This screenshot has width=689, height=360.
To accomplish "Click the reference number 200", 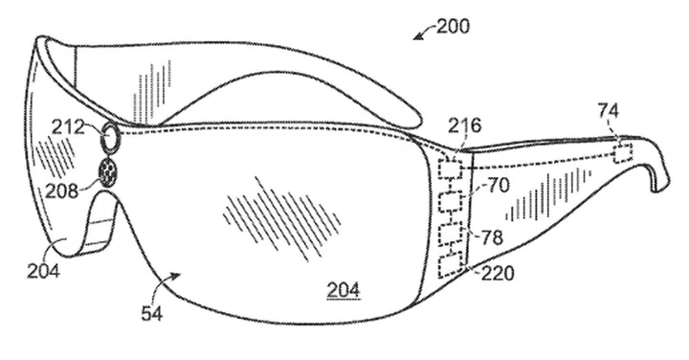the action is (x=453, y=26).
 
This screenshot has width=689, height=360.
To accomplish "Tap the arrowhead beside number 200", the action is (x=416, y=39).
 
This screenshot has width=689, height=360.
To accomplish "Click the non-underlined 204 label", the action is (x=44, y=271).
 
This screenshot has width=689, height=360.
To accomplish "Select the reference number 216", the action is (x=463, y=124).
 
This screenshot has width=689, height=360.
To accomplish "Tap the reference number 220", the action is (x=498, y=274).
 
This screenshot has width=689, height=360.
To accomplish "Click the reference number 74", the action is (x=609, y=111).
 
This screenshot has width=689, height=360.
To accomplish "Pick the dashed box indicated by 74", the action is (x=622, y=149).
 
